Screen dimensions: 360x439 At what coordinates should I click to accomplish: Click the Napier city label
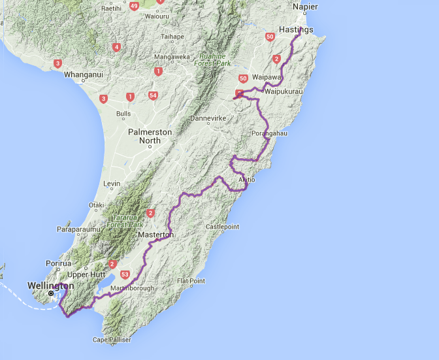pyautogui.click(x=306, y=7)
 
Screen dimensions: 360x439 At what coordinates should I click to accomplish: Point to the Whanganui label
pyautogui.click(x=83, y=74)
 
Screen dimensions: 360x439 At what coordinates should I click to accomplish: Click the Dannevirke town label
pyautogui.click(x=207, y=119)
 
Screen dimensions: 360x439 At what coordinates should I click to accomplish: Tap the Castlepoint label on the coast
pyautogui.click(x=223, y=226)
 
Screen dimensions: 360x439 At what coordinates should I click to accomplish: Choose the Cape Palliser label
pyautogui.click(x=112, y=340)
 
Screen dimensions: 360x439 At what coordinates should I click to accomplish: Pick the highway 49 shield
pyautogui.click(x=134, y=6)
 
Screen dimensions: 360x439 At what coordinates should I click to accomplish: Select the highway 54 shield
pyautogui.click(x=153, y=95)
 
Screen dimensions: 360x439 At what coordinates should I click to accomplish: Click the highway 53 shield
pyautogui.click(x=125, y=274)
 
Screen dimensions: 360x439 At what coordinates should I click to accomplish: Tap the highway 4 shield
pyautogui.click(x=116, y=46)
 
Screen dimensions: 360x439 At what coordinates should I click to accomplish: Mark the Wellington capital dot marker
pyautogui.click(x=50, y=293)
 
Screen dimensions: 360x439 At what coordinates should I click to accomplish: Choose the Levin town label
pyautogui.click(x=112, y=184)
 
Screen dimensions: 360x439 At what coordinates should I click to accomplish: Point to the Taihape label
pyautogui.click(x=172, y=37)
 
